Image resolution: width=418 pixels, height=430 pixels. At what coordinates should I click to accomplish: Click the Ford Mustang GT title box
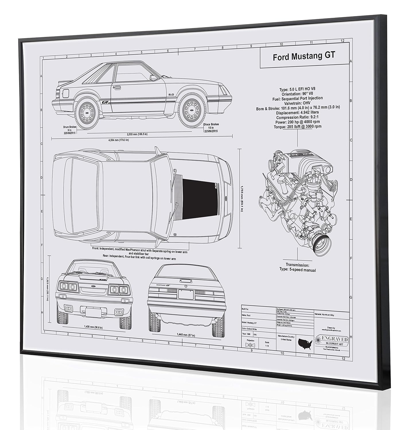pos(304,56)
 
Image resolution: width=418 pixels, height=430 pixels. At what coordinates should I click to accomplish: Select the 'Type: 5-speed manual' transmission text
pos(298,270)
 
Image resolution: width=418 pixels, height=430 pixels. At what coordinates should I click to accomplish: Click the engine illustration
pos(298,202)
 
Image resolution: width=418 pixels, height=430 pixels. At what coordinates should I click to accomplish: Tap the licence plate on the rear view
pos(186,294)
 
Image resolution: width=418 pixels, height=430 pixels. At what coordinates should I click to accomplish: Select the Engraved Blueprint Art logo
pos(332,341)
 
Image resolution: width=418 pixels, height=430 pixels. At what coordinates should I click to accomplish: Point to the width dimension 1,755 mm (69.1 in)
pos(242,198)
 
